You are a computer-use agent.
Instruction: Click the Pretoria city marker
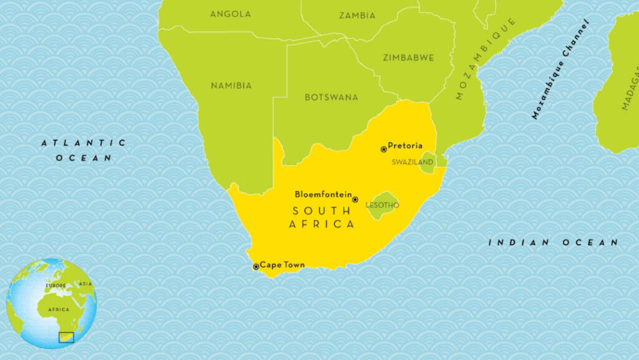click(384, 149)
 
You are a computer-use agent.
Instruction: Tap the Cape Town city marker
click(256, 266)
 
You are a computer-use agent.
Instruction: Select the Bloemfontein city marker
click(355, 200)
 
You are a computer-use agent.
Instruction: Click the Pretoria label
click(405, 146)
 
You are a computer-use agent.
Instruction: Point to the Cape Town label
click(282, 265)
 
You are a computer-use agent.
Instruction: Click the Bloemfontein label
click(323, 194)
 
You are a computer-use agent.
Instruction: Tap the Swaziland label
click(412, 162)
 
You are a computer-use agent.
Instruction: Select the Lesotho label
click(383, 205)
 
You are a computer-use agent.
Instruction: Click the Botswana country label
click(331, 97)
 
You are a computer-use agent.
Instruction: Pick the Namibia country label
click(231, 85)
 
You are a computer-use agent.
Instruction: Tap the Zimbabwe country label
click(409, 57)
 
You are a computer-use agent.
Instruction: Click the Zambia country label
click(357, 16)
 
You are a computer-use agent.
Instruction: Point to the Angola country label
click(230, 14)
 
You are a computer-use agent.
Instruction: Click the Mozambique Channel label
click(560, 69)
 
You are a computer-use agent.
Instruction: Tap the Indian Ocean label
click(553, 242)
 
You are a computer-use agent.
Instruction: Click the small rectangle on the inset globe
click(66, 338)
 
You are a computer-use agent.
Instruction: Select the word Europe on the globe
click(55, 286)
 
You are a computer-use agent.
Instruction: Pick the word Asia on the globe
click(85, 284)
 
